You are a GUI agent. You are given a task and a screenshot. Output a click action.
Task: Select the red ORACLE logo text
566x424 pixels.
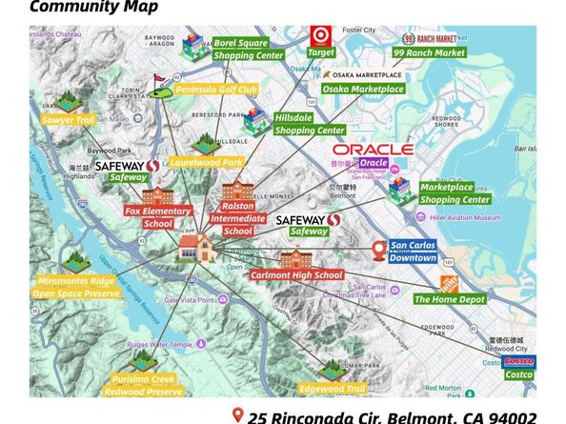pos(373,150)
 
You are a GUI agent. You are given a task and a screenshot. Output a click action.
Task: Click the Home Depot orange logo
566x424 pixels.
pos(448,283)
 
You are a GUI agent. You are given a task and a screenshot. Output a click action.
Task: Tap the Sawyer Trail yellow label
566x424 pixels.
pos(67,121)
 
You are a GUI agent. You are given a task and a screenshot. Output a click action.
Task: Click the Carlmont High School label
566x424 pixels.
pos(296,275)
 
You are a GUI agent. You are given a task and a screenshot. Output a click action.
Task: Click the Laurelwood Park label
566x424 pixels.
pos(207,162)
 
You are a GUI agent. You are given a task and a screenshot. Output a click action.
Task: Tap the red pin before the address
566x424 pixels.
pos(237,414)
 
